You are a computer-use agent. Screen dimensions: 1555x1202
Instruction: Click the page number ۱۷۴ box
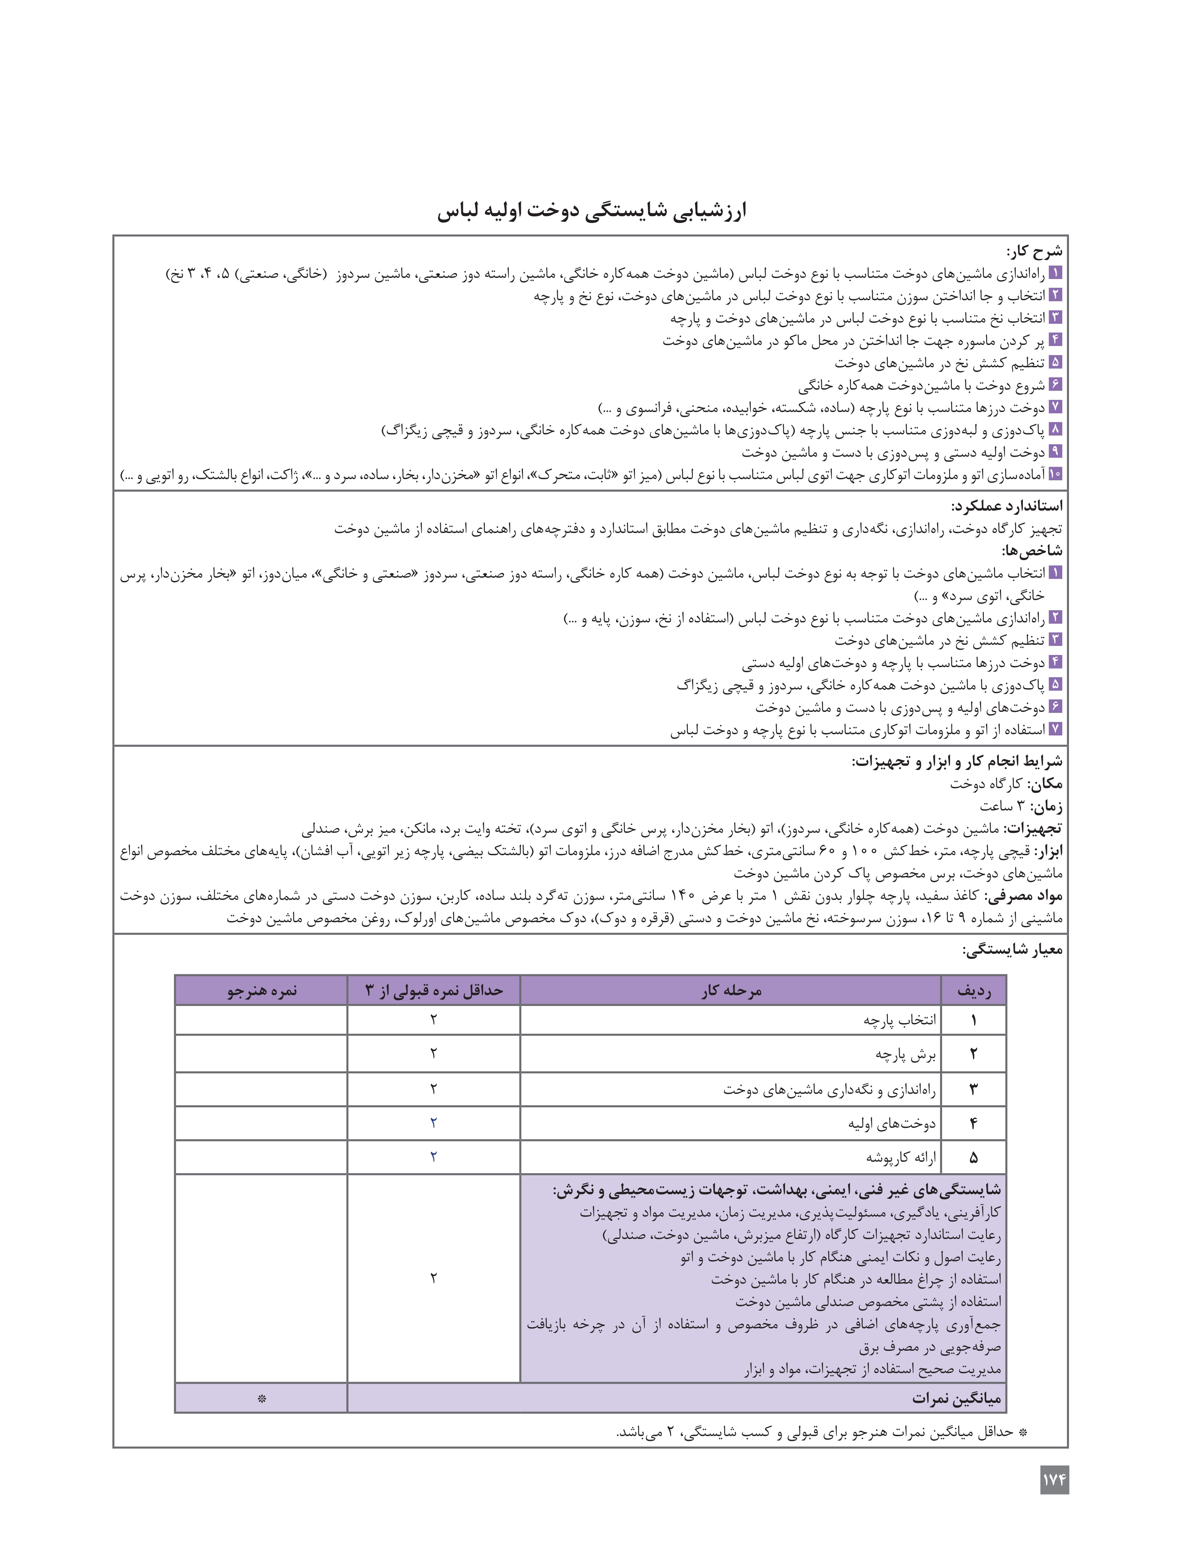(1054, 1480)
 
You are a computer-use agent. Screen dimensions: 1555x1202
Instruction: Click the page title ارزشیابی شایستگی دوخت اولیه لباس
(592, 211)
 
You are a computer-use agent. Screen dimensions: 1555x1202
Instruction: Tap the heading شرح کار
(1034, 251)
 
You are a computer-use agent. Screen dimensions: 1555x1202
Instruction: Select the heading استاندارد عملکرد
(1006, 506)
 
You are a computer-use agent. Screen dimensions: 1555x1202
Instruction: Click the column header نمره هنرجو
(261, 990)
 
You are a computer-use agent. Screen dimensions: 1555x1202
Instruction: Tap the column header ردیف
(973, 990)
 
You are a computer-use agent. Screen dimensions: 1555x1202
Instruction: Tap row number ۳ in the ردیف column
(973, 1088)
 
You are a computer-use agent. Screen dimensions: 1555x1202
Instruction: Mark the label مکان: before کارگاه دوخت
(1044, 784)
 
